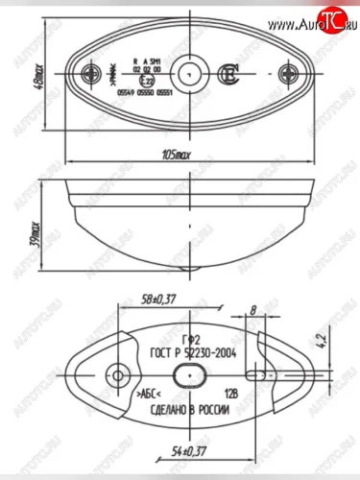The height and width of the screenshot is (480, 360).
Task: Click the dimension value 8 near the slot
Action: point(252,310)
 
